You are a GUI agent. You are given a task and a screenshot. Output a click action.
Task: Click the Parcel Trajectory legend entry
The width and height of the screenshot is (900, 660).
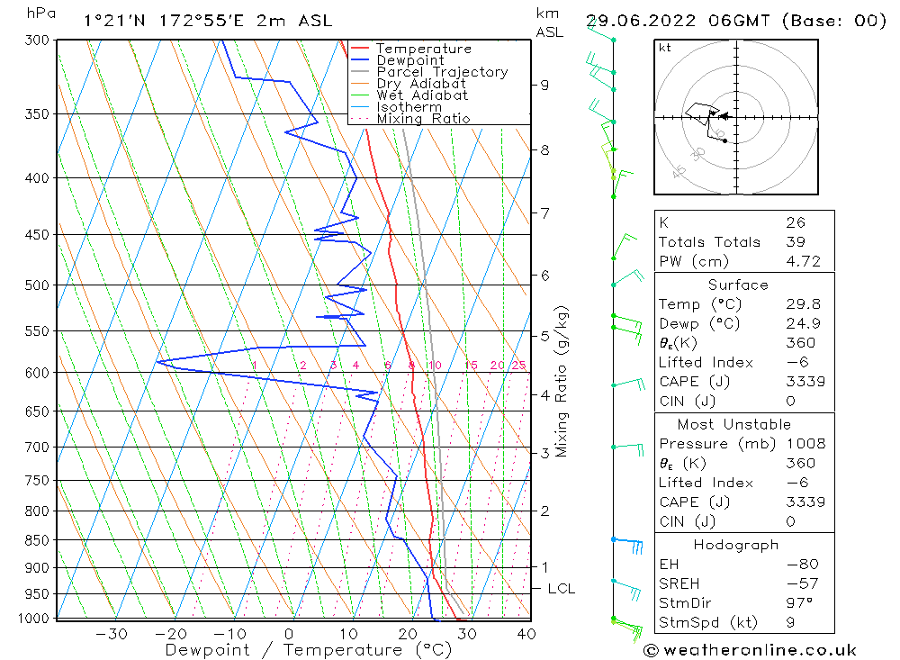pyautogui.click(x=441, y=72)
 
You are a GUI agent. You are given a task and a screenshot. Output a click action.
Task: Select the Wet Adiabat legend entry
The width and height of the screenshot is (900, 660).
pyautogui.click(x=421, y=95)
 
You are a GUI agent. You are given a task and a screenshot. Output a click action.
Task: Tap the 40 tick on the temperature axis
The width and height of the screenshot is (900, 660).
pyautogui.click(x=526, y=634)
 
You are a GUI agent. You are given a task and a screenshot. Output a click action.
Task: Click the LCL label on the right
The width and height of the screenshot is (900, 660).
pyautogui.click(x=562, y=589)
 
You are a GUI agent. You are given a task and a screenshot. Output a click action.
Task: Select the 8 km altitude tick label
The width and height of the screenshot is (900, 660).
pyautogui.click(x=545, y=150)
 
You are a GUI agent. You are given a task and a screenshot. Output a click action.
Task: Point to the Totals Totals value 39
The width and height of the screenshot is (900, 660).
pyautogui.click(x=796, y=242)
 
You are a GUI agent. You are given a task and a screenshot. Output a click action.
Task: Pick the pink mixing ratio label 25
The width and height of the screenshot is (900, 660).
pyautogui.click(x=518, y=366)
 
